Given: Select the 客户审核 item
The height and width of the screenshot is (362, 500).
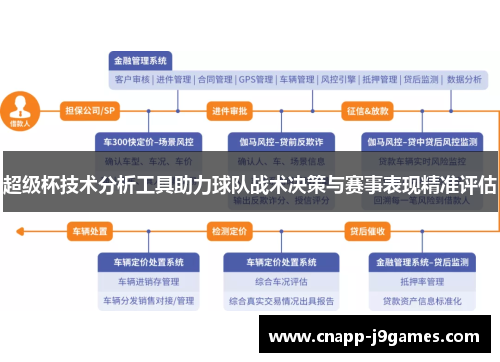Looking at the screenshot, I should [x=132, y=79].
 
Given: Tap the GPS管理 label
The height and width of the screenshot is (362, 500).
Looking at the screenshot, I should [x=256, y=79].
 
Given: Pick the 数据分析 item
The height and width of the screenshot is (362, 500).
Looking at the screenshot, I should [x=463, y=79].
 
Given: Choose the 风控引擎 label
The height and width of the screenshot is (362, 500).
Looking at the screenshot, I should [x=339, y=79].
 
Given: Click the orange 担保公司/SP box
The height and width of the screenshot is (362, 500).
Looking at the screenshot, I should [x=90, y=110].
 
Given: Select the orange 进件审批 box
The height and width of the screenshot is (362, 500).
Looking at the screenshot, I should [x=229, y=110].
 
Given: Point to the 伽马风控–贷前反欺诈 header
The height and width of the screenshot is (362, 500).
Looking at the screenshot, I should [x=275, y=141].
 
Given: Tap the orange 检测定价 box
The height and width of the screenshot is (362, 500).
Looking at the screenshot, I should [x=228, y=231].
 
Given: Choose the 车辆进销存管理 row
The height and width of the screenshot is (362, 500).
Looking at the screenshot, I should [x=145, y=281].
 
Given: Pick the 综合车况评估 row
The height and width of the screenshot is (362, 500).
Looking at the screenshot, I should [x=275, y=281].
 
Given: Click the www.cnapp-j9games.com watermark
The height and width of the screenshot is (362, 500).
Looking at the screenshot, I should [x=375, y=336].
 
